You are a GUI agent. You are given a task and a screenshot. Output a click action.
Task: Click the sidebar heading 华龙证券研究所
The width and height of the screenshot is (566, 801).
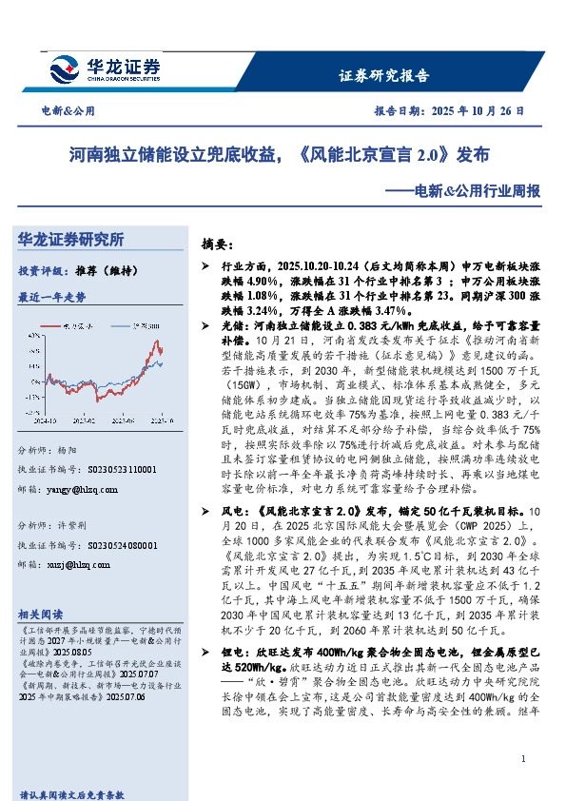(71, 239)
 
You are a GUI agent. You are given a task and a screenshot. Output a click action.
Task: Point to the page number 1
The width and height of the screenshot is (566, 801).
(524, 759)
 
